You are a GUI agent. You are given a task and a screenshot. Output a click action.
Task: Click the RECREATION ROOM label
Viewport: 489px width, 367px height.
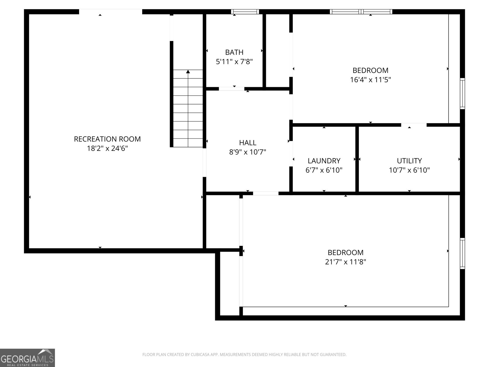[107, 139]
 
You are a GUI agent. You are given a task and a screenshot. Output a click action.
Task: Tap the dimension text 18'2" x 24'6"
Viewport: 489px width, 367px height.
[107, 149]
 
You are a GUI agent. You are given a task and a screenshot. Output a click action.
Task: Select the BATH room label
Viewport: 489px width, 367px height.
[234, 52]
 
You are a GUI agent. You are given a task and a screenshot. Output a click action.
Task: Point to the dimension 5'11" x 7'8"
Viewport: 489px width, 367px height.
[234, 62]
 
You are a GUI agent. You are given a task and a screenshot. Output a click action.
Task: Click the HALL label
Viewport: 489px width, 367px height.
[248, 143]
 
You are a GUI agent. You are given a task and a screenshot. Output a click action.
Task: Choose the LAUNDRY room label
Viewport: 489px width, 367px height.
[324, 161]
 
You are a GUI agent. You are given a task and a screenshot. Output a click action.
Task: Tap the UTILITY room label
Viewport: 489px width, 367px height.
[409, 161]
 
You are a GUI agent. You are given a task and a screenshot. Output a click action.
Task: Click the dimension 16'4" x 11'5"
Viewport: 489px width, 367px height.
[370, 80]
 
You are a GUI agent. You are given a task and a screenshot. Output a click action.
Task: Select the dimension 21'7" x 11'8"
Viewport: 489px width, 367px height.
[345, 262]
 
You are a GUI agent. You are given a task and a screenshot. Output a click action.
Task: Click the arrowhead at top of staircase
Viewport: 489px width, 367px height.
[188, 72]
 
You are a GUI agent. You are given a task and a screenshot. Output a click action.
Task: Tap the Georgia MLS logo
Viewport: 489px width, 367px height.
[27, 358]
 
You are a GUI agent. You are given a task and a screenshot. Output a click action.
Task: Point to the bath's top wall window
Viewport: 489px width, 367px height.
[245, 12]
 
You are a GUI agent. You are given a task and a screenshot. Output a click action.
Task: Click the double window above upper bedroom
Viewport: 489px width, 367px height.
[361, 12]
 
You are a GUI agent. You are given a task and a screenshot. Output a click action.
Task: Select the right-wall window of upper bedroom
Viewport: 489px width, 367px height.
[462, 94]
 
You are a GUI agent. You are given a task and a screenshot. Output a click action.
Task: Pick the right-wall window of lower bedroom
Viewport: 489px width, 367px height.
[462, 254]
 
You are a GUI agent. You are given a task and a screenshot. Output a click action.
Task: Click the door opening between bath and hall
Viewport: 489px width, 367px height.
[231, 89]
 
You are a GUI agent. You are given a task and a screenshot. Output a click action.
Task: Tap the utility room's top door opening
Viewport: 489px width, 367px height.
[414, 125]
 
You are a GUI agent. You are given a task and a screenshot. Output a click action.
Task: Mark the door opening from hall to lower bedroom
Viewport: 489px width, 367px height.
[266, 193]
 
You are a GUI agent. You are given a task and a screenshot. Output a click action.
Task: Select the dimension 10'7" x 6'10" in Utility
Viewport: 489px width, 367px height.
[409, 170]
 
